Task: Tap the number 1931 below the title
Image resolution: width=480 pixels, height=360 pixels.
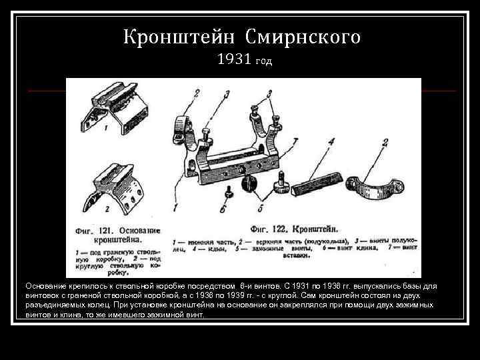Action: tap(233, 61)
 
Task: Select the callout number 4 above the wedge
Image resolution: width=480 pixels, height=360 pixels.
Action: tap(331, 141)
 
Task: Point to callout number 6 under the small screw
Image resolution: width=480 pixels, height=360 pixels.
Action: tap(223, 208)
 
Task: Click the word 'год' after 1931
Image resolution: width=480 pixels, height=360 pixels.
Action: tap(263, 62)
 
